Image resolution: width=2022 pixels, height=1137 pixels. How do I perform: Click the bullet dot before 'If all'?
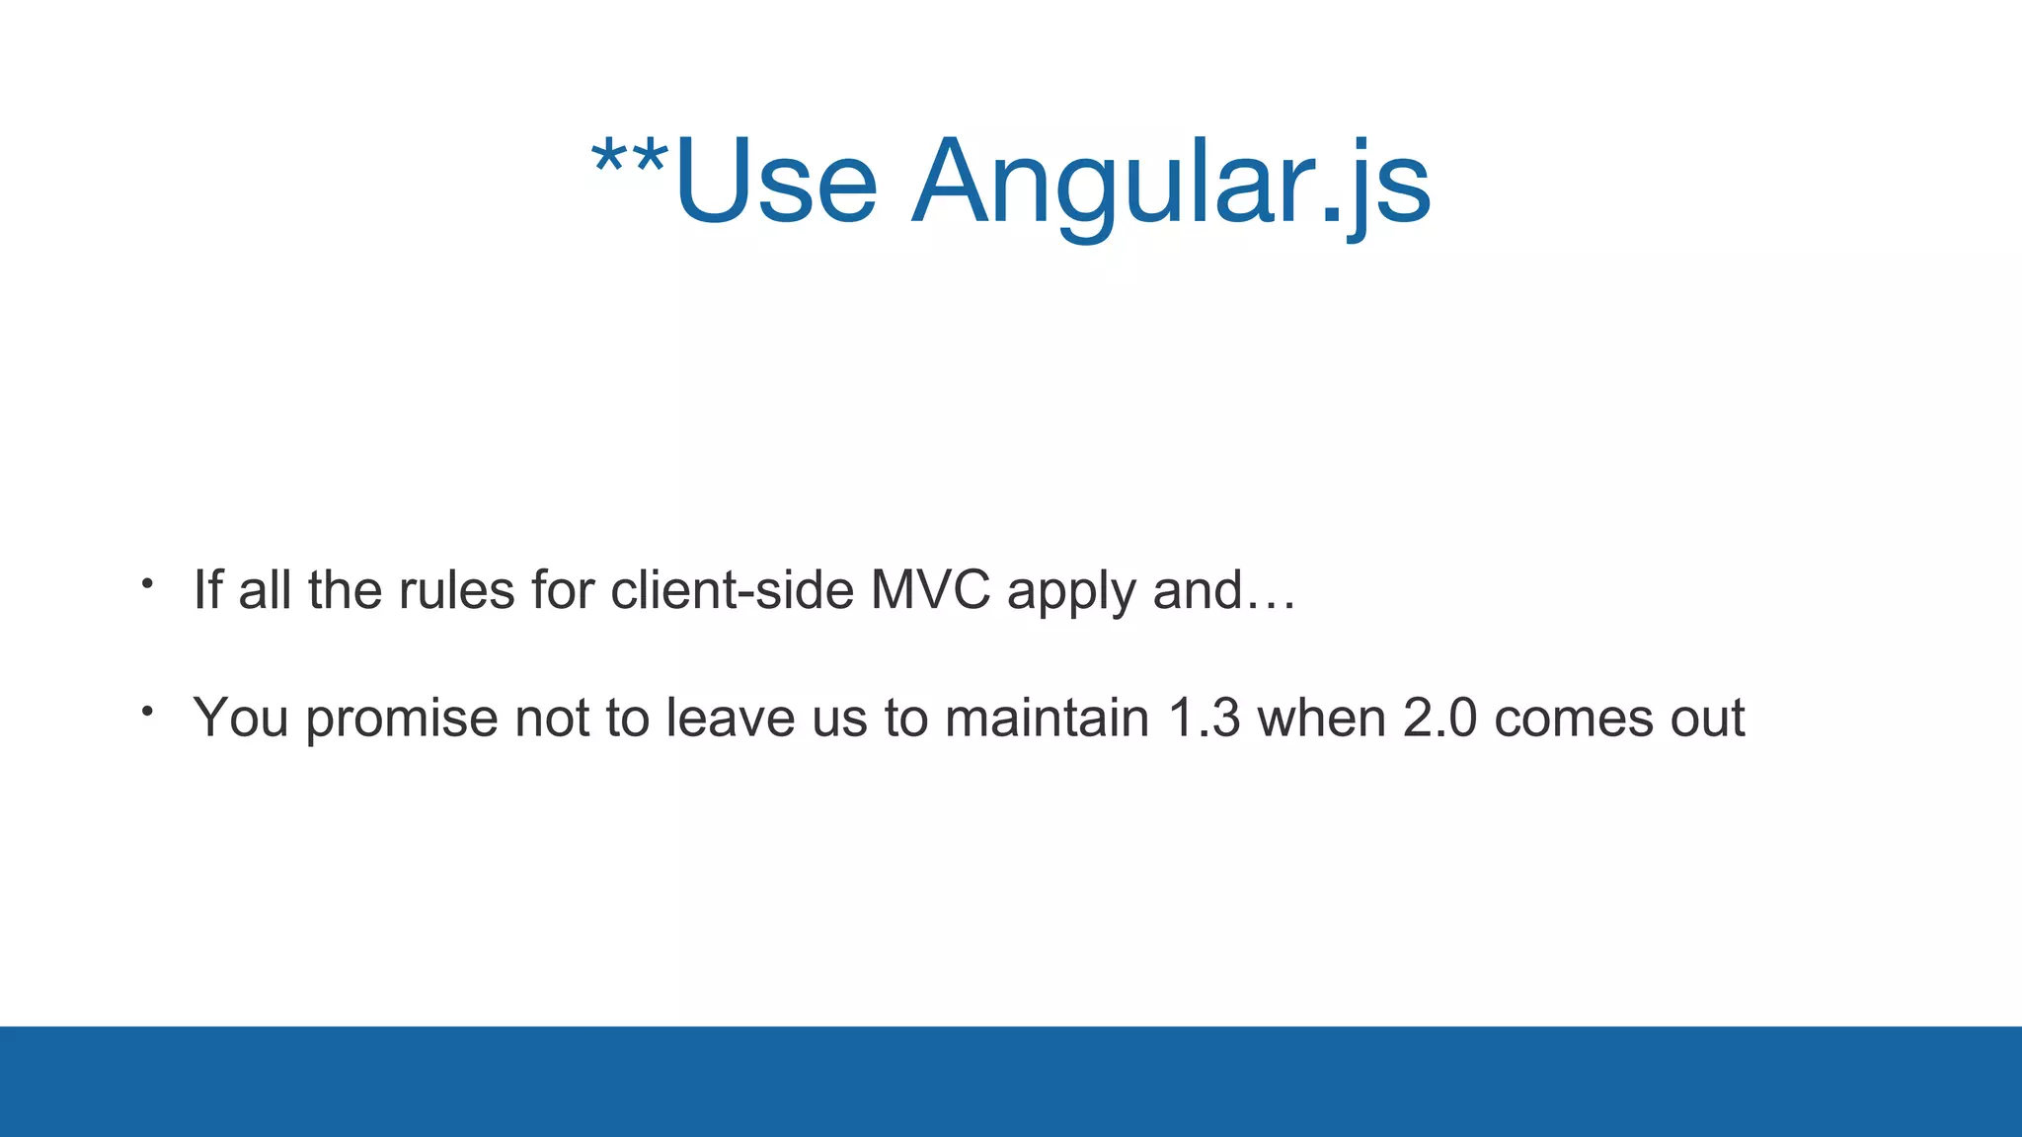[147, 584]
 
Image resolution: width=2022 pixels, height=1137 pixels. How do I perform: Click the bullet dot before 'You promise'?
[147, 711]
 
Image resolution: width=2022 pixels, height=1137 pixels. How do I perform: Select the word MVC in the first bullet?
[930, 590]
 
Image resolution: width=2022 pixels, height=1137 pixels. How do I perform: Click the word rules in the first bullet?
[456, 590]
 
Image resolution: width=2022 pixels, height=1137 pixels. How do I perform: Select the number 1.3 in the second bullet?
[1204, 718]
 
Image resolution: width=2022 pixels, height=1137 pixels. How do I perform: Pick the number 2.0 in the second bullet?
[1439, 718]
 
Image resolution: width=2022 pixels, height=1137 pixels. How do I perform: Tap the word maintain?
[1047, 718]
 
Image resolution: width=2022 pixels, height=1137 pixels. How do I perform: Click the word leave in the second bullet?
[730, 718]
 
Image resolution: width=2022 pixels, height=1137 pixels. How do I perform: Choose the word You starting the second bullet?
[241, 718]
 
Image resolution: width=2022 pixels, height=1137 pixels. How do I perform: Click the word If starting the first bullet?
[207, 590]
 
